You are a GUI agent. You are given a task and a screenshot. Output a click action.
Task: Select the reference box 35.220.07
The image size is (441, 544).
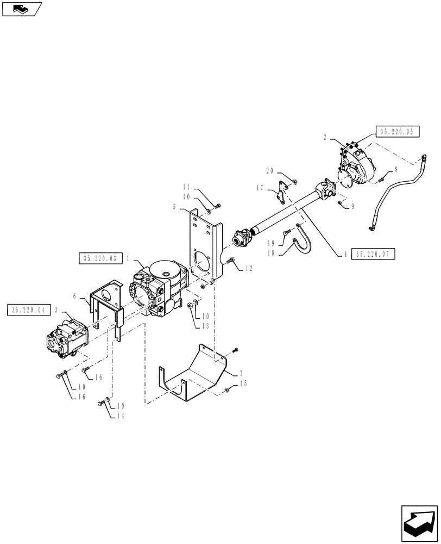tap(374, 254)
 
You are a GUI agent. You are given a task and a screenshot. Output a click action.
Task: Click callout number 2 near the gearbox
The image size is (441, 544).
tap(324, 138)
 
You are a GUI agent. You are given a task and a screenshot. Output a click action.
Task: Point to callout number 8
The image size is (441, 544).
tap(396, 170)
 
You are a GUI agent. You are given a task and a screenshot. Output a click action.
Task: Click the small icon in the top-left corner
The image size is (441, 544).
tap(22, 9)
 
